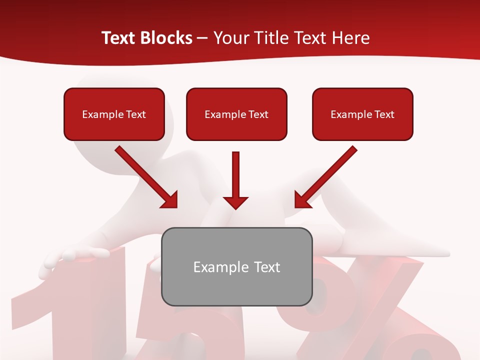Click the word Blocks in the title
167,38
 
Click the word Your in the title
231,38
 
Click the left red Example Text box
114,114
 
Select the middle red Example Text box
236,114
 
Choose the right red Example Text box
362,114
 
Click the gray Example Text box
236,266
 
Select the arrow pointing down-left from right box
327,175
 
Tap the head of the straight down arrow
235,202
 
